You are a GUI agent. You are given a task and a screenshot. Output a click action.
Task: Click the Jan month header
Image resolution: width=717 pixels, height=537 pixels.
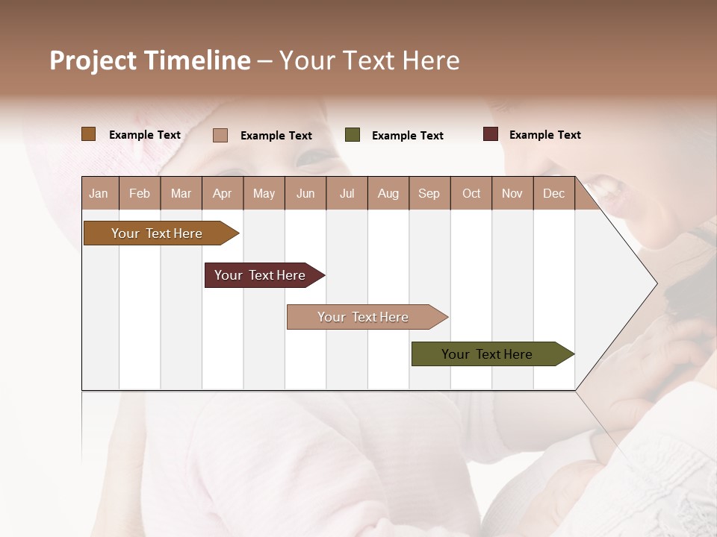[x=99, y=193]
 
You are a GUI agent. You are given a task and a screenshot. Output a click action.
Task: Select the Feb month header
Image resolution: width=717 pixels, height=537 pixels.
[x=140, y=193]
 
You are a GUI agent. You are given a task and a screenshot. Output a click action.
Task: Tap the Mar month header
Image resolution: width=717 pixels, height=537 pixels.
[x=181, y=193]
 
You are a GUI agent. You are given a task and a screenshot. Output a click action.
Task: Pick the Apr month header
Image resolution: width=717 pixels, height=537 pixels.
[x=223, y=193]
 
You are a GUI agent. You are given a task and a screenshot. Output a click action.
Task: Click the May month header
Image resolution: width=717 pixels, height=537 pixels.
[x=264, y=193]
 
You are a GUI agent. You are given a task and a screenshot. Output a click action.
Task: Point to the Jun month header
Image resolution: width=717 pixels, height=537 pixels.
[x=305, y=193]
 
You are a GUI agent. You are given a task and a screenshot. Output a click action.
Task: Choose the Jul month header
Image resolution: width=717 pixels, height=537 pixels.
[x=347, y=193]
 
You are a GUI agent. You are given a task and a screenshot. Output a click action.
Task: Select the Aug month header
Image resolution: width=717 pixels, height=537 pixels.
[x=388, y=193]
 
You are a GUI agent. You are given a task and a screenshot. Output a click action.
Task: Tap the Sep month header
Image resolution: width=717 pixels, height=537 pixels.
[x=429, y=193]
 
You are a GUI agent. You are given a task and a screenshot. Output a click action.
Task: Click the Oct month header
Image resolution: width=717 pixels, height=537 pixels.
[x=471, y=193]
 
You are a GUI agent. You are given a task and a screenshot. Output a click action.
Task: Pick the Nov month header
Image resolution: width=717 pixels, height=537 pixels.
[x=512, y=193]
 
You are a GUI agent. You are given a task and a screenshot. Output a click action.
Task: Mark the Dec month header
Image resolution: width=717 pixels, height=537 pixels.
[x=554, y=193]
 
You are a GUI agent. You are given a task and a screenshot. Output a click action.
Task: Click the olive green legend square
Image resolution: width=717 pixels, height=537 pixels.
[x=353, y=135]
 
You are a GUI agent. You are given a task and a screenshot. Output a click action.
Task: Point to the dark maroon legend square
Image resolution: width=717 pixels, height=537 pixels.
[x=491, y=134]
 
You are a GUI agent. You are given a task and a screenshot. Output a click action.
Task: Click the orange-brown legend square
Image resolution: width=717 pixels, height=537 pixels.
[x=89, y=134]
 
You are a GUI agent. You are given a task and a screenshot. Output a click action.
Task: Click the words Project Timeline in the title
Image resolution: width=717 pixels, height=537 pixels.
[x=150, y=60]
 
